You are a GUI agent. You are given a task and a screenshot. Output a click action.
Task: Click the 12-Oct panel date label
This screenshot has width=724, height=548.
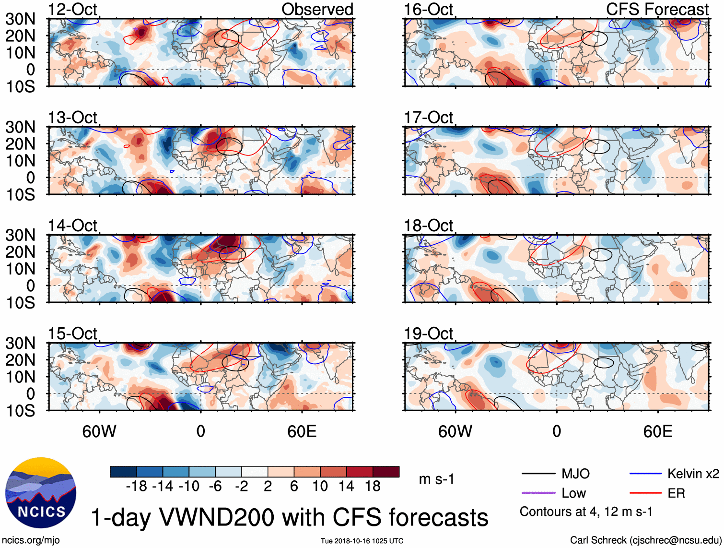point(72,10)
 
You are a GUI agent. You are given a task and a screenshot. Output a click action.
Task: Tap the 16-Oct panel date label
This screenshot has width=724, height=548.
point(428,10)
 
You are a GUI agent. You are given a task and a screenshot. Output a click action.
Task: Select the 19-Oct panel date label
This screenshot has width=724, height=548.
point(428,334)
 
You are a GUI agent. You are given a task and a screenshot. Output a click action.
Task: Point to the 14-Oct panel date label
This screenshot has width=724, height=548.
point(72,226)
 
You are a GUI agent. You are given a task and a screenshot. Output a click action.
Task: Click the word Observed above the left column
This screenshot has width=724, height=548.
point(317,10)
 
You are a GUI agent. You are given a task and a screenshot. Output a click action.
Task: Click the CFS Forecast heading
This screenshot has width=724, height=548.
point(657,10)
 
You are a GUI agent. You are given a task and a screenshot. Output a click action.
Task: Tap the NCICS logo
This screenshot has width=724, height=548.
point(41,493)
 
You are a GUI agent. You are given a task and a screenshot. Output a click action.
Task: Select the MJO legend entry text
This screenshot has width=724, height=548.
point(575,474)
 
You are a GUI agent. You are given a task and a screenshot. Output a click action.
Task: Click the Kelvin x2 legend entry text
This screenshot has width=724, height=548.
point(693,474)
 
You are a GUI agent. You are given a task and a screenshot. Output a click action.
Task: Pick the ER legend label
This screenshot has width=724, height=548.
point(676,493)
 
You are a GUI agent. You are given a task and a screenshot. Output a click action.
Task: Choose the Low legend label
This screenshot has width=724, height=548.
point(573,493)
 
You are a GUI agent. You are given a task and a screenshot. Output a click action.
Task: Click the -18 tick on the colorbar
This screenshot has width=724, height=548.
point(137,487)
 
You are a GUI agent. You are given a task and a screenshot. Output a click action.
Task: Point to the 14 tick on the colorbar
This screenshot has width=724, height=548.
point(346,487)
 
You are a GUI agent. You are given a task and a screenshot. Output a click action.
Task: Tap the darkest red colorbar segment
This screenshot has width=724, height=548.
point(386,472)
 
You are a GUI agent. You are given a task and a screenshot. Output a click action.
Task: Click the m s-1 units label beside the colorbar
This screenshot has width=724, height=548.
point(436,479)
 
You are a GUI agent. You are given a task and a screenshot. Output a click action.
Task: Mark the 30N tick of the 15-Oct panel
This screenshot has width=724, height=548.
point(20,344)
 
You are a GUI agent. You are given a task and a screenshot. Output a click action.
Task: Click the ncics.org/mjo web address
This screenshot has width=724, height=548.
point(31,540)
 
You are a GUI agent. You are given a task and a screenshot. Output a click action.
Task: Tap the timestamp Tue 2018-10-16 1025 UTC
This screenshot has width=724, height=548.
point(362,541)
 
